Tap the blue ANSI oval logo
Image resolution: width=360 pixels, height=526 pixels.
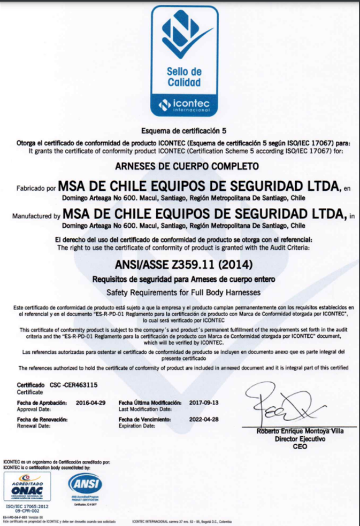coord(85,484)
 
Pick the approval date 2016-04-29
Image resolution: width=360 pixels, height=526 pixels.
coord(91,401)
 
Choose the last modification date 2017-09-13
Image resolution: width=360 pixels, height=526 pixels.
coord(204,401)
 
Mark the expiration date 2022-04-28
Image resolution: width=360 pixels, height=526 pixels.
coord(204,420)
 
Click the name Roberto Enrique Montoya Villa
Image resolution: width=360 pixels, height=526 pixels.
coord(300,431)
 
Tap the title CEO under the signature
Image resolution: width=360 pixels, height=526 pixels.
coord(300,446)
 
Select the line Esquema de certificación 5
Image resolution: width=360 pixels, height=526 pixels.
coord(183,130)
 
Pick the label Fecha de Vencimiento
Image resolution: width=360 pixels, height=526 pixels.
coord(144,420)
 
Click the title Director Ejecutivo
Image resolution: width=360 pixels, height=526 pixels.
coord(300,439)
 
